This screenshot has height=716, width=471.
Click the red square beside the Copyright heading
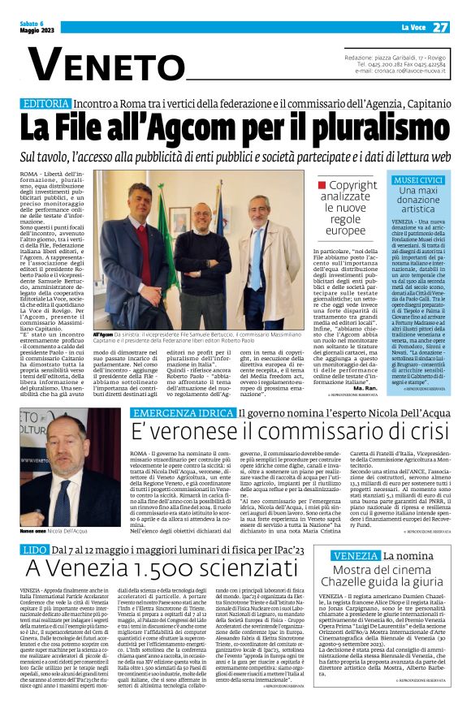click(322, 186)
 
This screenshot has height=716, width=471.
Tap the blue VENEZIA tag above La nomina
click(355, 554)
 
